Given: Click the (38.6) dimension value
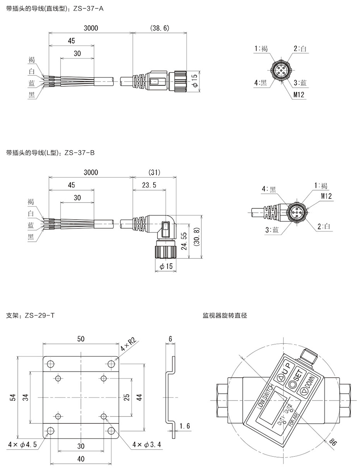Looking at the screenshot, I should pos(159,28).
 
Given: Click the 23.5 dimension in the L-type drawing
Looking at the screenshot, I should pos(149,185).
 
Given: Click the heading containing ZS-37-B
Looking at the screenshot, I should pos(50,153).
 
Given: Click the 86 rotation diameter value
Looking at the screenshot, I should pos(332,443).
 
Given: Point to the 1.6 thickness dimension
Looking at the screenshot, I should pos(185,426).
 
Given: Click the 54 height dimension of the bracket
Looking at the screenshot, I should pos(12,397).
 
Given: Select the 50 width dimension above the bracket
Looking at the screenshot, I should pos(81,339).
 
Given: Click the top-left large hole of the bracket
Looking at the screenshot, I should pos(50,364).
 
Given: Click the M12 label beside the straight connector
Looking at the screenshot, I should pos(298,95).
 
